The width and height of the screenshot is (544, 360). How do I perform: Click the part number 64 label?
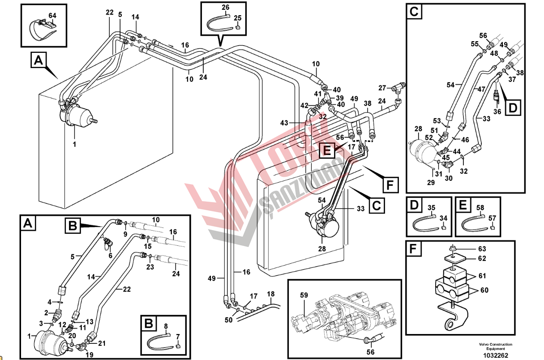click(x=52, y=16)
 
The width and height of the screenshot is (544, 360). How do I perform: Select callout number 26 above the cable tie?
click(x=225, y=7)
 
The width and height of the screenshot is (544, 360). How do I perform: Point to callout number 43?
click(x=284, y=123)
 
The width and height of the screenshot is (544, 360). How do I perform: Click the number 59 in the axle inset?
click(x=304, y=295)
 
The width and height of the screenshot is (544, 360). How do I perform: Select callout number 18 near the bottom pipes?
click(x=270, y=294)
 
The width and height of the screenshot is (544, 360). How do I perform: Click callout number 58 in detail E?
click(x=480, y=208)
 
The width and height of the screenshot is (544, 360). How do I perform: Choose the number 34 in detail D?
click(x=443, y=218)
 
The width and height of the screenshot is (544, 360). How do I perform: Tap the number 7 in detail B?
click(x=177, y=336)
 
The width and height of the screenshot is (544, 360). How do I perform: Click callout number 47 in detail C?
click(x=481, y=90)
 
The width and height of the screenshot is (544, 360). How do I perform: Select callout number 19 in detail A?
click(x=89, y=355)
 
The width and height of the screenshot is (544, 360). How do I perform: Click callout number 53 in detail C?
click(x=437, y=120)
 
